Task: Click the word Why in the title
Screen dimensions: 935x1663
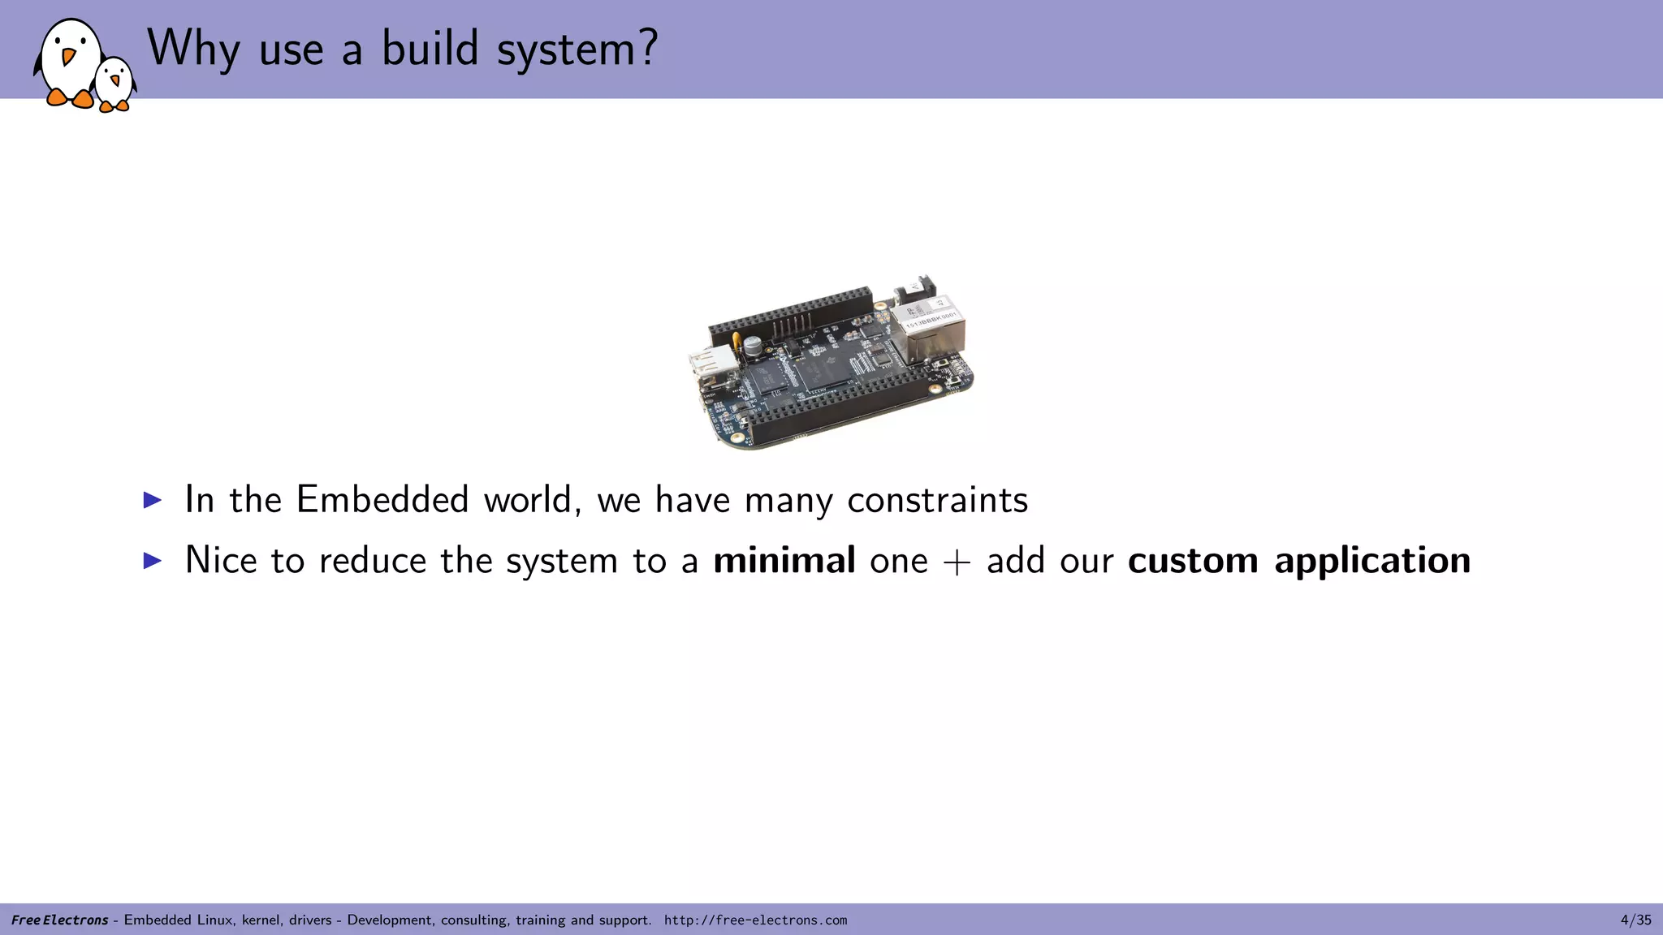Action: coord(193,49)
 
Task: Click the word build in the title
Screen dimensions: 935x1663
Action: coord(430,49)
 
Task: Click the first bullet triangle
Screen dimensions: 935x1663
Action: coord(152,499)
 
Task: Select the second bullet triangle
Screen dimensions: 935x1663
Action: coord(152,560)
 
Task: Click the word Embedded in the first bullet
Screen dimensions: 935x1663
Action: coord(382,499)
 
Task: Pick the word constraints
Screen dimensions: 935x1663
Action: coord(937,500)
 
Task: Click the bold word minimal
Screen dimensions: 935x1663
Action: coord(784,560)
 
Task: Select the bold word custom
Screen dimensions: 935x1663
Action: coord(1193,560)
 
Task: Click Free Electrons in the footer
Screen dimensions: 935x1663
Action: coord(59,920)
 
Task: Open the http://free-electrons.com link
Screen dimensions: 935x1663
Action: coord(755,920)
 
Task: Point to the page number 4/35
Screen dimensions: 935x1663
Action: coord(1635,920)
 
